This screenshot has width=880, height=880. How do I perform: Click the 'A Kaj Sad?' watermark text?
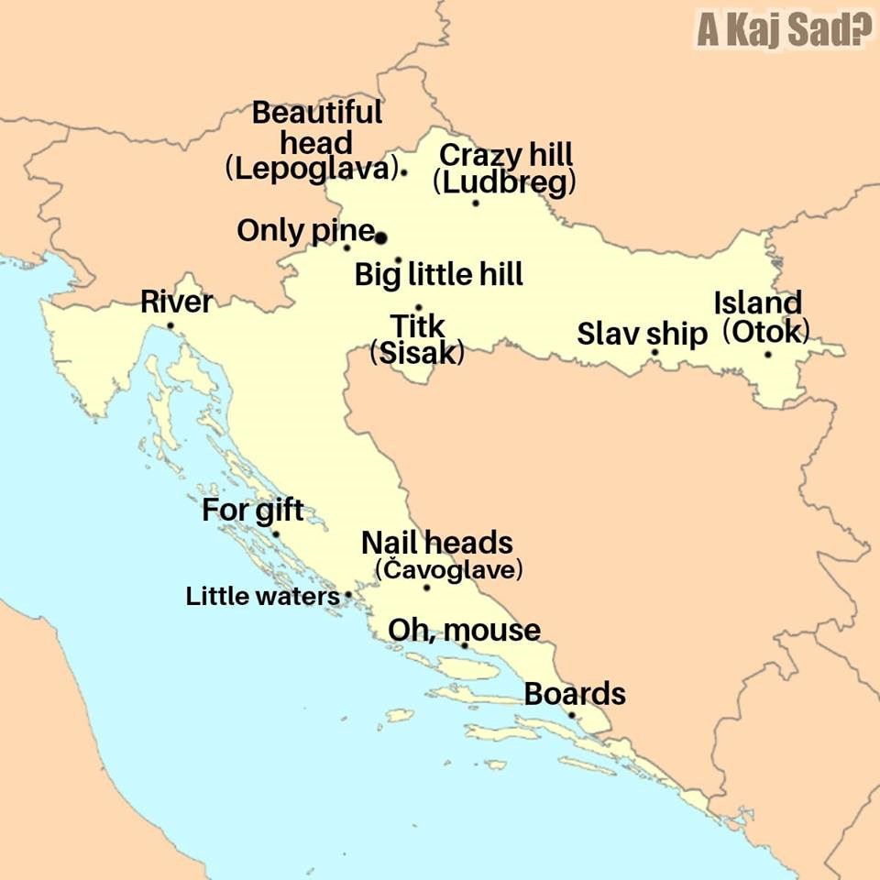point(783,29)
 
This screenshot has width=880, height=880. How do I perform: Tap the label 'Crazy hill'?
point(506,155)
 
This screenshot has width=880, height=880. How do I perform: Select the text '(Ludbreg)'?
point(504,182)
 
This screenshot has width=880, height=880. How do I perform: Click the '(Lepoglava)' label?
point(312,170)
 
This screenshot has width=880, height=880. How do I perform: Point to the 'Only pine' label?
point(305,230)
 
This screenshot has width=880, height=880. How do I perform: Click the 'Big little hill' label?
point(438,273)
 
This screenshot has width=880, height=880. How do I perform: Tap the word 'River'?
point(176,302)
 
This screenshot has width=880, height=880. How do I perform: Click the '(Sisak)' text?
point(416,353)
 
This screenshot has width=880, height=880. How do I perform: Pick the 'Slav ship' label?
point(642,334)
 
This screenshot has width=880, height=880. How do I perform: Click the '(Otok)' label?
point(766,331)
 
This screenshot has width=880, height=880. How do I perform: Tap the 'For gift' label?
point(252,511)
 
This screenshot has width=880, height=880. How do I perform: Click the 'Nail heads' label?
point(437,543)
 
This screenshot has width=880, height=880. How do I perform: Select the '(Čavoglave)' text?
point(449,570)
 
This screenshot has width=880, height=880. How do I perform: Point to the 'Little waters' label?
point(262,597)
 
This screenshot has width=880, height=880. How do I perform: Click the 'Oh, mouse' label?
point(464,630)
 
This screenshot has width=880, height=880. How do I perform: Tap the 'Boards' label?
point(575,694)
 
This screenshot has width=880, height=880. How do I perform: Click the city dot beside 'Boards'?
point(571,715)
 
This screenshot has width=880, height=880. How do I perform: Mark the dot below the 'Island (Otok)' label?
point(767,354)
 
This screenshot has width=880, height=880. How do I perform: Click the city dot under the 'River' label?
point(170,325)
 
